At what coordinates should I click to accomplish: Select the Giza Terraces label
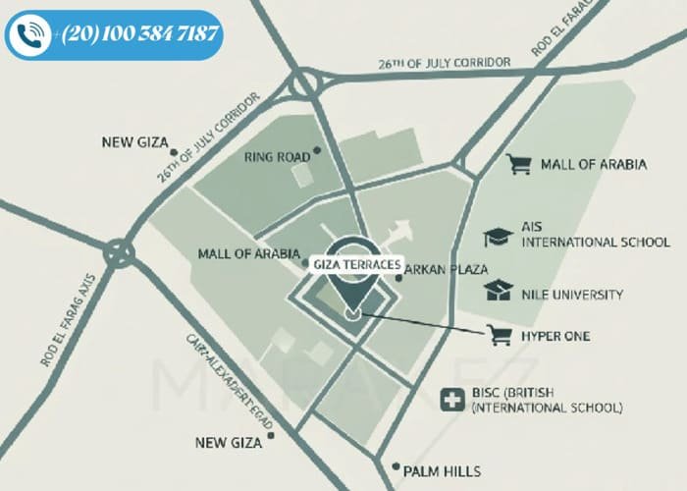[354, 264]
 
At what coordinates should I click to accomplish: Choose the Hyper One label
[555, 336]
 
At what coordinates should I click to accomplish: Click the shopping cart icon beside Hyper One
[502, 336]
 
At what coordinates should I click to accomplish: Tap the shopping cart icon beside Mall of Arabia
[518, 164]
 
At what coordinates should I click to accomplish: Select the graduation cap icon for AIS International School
[499, 237]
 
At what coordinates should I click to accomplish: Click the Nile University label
[573, 294]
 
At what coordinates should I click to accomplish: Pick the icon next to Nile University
[499, 292]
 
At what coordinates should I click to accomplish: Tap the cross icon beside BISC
[452, 400]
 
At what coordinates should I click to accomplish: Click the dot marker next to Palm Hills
[395, 466]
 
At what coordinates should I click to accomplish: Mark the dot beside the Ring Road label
[317, 152]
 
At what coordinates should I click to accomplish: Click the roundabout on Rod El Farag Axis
[120, 254]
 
